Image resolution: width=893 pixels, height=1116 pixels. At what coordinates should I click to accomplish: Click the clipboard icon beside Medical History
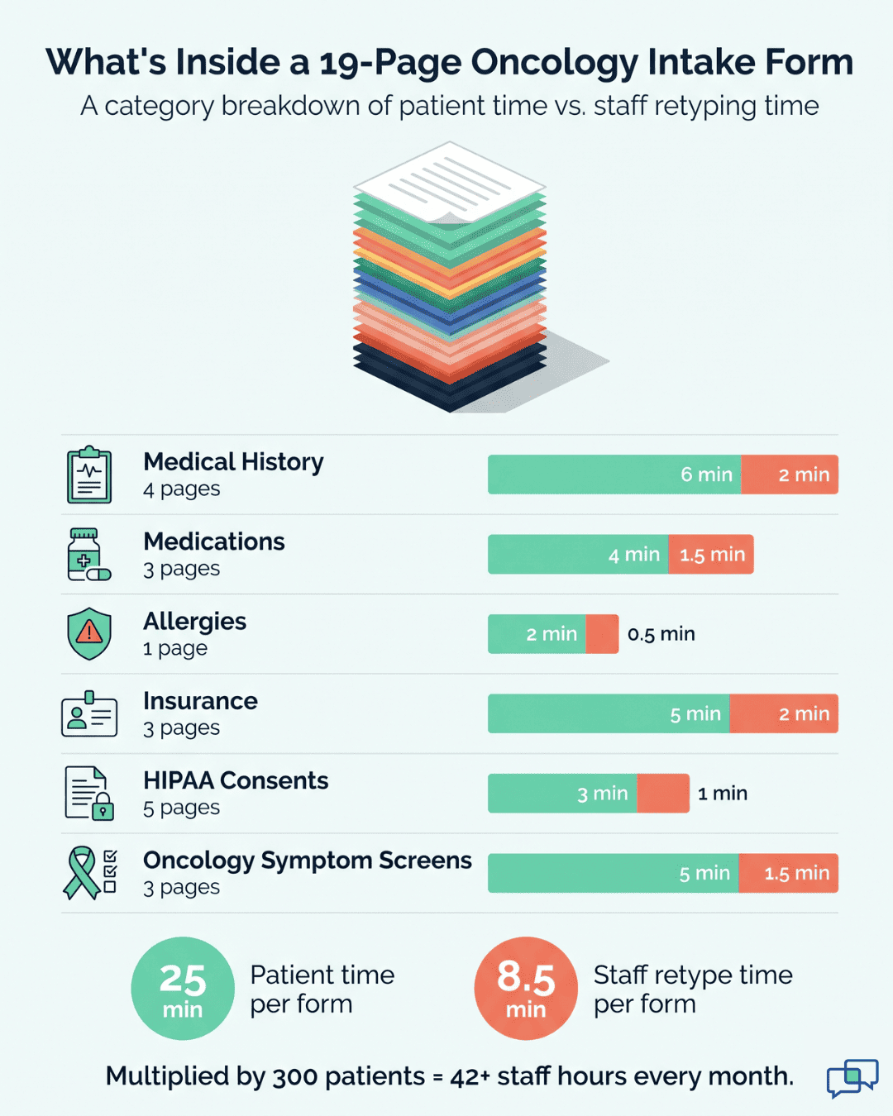pyautogui.click(x=89, y=475)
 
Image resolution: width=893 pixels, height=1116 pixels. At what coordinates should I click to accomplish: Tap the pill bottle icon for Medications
pyautogui.click(x=88, y=555)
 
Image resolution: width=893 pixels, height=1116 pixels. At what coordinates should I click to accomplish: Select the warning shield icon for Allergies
pyautogui.click(x=89, y=634)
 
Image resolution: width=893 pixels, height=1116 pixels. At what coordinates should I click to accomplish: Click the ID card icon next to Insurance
pyautogui.click(x=89, y=714)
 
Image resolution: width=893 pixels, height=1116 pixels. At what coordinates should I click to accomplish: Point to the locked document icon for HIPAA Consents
pyautogui.click(x=88, y=794)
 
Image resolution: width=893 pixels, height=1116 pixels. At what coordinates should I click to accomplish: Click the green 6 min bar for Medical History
pyautogui.click(x=614, y=475)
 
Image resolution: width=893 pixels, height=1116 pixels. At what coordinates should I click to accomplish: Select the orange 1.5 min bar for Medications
pyautogui.click(x=711, y=555)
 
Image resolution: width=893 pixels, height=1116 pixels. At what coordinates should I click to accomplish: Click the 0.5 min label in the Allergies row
pyautogui.click(x=661, y=634)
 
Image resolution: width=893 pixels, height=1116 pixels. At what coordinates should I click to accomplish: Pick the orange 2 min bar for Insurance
pyautogui.click(x=784, y=714)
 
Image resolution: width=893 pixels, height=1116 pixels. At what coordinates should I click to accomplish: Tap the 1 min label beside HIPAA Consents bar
pyautogui.click(x=722, y=794)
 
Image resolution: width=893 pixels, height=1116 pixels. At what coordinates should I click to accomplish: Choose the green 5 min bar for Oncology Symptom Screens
pyautogui.click(x=612, y=873)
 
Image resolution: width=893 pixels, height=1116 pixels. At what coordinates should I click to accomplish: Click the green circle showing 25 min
pyautogui.click(x=183, y=988)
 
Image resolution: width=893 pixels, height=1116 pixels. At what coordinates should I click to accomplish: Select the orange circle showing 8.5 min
pyautogui.click(x=526, y=988)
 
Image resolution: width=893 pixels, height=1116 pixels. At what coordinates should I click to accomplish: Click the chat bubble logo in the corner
pyautogui.click(x=852, y=1078)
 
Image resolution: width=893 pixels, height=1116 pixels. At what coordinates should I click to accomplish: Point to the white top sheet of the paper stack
pyautogui.click(x=449, y=182)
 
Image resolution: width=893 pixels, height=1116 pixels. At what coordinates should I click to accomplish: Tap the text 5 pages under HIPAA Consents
pyautogui.click(x=181, y=808)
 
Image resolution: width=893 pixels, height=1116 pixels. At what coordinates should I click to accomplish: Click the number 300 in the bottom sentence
pyautogui.click(x=294, y=1076)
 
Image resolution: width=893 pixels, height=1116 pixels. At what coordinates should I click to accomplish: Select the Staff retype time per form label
pyautogui.click(x=692, y=989)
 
